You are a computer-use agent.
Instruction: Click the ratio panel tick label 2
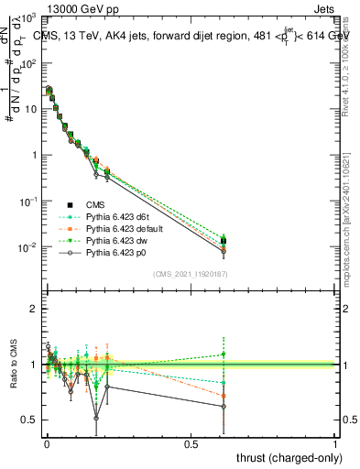coord(33,309)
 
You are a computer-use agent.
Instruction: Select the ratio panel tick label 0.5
coord(29,420)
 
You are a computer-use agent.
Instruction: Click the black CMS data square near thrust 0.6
coord(224,241)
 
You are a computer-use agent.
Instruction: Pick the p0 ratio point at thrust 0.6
coord(224,407)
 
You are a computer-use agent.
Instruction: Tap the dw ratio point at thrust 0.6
coord(224,354)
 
